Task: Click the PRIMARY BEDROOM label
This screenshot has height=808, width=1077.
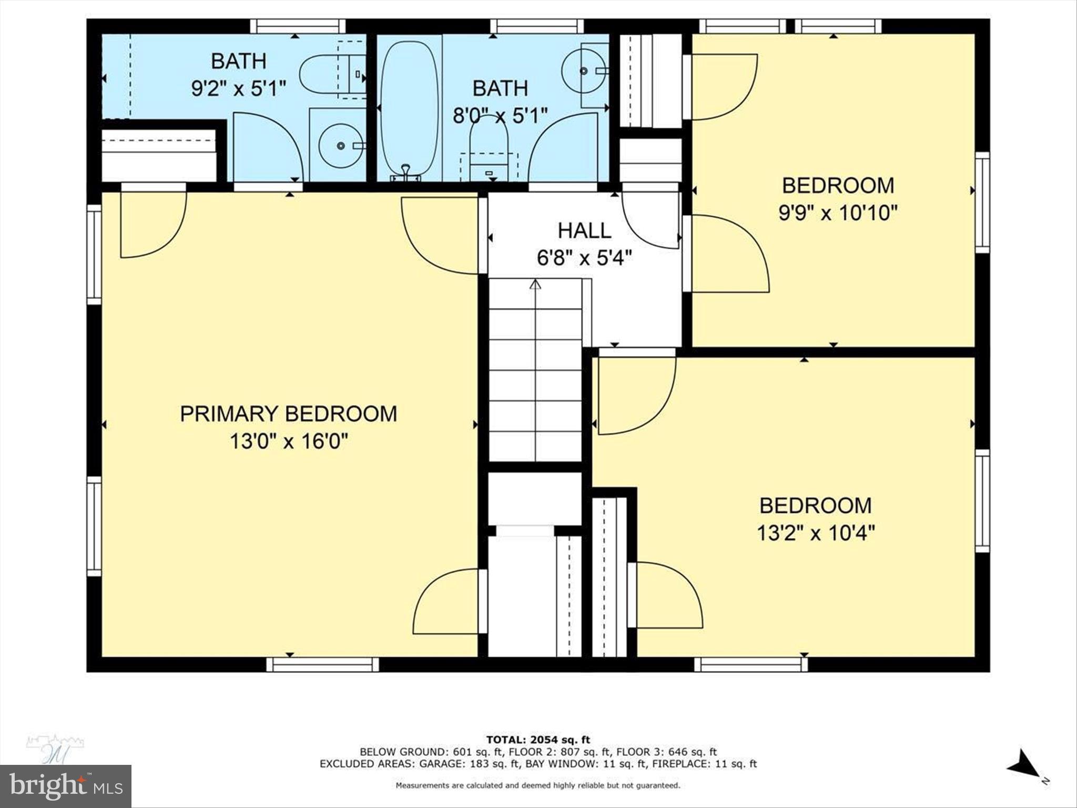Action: pos(288,414)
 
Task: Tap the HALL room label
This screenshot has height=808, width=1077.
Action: pos(584,230)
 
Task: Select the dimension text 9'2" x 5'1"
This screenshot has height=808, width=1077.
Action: pos(239,88)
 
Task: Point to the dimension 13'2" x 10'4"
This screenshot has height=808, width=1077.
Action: pos(816,533)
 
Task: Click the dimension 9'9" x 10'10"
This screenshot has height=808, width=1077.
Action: pos(838,213)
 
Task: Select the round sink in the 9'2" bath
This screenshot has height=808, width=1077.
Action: pos(341,145)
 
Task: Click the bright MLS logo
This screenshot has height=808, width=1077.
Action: pos(65,786)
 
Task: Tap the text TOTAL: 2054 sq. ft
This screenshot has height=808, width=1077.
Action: pos(538,740)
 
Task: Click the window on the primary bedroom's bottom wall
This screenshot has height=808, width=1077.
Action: pos(322,664)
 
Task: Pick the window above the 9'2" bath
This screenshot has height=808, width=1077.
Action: pos(298,26)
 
